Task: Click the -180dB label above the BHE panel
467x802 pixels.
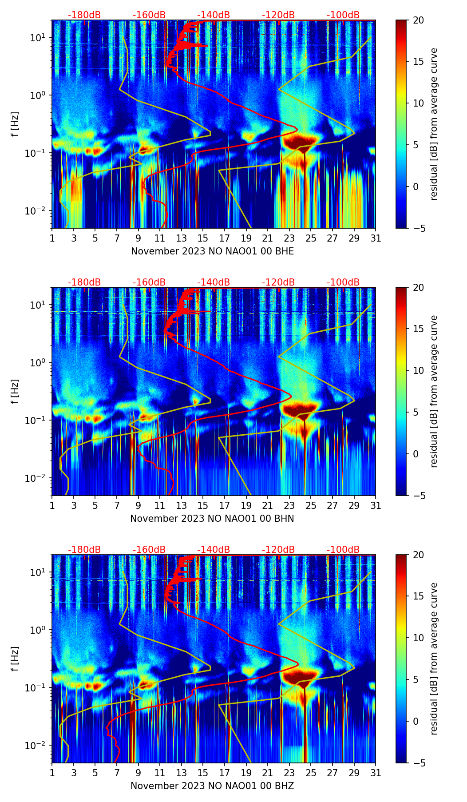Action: click(x=84, y=15)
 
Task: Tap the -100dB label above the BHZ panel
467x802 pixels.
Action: click(x=343, y=550)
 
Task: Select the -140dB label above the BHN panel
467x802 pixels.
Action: click(x=214, y=282)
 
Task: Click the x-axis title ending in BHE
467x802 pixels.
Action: click(x=212, y=251)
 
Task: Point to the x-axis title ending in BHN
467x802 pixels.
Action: click(x=212, y=519)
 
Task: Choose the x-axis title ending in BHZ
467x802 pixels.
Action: click(x=212, y=786)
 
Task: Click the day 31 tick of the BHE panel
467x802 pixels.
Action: click(x=376, y=238)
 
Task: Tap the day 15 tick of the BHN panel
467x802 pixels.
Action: click(x=203, y=505)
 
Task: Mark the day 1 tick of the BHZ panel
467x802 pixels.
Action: click(x=52, y=773)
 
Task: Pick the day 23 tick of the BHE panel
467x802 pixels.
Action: click(x=289, y=238)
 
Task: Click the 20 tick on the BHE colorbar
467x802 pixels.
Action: click(x=419, y=20)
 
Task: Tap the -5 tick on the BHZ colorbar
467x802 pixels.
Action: click(x=418, y=763)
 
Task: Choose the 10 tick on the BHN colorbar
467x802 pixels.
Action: click(x=419, y=370)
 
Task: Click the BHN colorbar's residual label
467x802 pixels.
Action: click(x=434, y=391)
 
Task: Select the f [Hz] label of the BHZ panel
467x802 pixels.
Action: click(x=15, y=659)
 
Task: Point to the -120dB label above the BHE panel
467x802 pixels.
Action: click(x=278, y=15)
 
